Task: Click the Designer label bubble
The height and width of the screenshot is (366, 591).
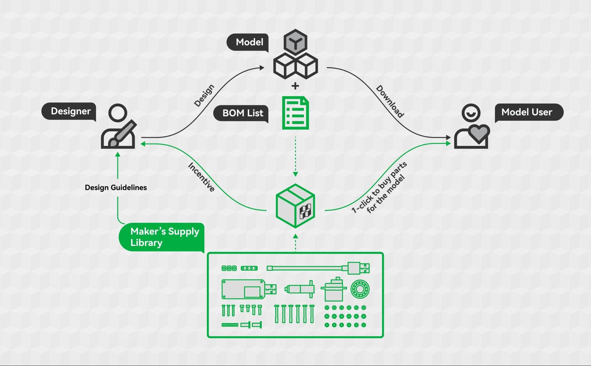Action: click(x=69, y=112)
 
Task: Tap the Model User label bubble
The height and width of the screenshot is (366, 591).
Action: click(x=529, y=112)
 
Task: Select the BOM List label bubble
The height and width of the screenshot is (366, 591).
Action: click(x=241, y=113)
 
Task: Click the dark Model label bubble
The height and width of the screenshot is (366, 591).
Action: click(x=248, y=42)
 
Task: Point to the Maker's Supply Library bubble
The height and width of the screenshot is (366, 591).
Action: click(x=161, y=237)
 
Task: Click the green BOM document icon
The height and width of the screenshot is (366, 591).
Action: click(x=295, y=113)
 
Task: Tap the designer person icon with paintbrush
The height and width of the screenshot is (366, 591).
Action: click(x=118, y=126)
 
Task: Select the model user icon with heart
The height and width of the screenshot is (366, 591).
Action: click(x=472, y=126)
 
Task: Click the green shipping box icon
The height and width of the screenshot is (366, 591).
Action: click(x=295, y=206)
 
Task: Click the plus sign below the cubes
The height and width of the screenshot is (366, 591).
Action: click(x=295, y=86)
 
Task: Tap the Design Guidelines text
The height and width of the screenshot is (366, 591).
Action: click(x=116, y=188)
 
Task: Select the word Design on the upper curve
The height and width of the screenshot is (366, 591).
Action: click(x=204, y=95)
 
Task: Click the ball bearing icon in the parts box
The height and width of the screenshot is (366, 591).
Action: click(x=360, y=289)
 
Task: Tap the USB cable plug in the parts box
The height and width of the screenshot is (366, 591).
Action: click(x=359, y=268)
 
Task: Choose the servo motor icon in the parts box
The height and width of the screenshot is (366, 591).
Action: click(x=334, y=289)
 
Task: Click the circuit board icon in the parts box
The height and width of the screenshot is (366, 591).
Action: click(x=243, y=289)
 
